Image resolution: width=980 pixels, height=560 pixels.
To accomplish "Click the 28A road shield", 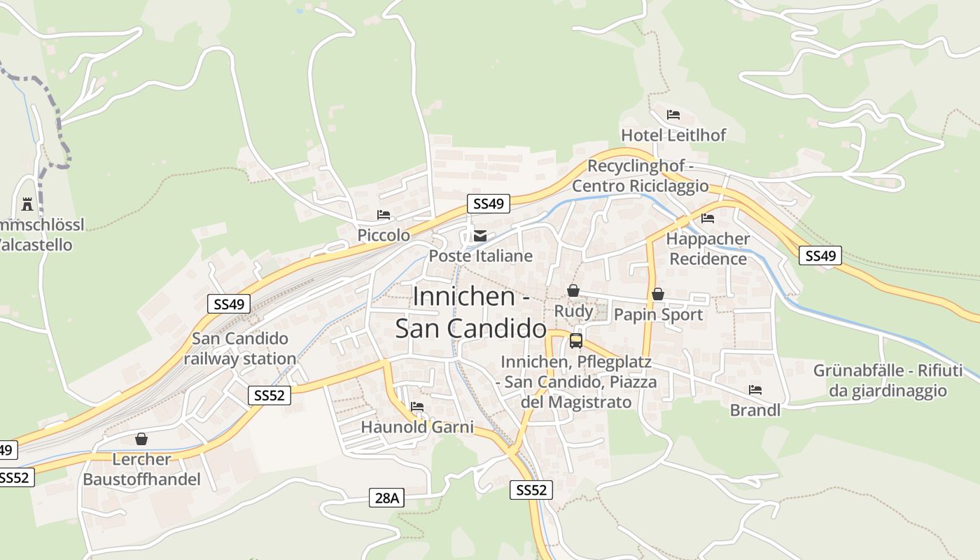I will click(x=386, y=498).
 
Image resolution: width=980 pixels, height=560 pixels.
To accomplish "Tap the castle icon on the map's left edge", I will click(x=27, y=204).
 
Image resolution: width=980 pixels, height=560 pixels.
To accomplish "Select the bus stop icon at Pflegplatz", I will click(x=576, y=341).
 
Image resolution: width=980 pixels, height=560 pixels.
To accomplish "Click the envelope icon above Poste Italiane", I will click(x=479, y=236).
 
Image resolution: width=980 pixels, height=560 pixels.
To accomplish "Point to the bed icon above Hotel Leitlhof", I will click(x=673, y=115).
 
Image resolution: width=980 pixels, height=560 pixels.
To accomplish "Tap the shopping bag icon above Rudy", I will click(x=573, y=290).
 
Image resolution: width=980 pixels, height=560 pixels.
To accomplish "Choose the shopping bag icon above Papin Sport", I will click(x=657, y=295).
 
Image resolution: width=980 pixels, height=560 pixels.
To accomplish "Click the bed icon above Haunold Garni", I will click(x=417, y=407).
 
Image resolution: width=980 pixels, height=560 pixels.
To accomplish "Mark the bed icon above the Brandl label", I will click(x=755, y=390).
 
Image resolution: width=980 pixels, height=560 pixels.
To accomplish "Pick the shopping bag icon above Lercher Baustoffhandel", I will click(x=141, y=439).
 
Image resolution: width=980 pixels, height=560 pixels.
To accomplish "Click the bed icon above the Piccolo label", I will click(x=384, y=215).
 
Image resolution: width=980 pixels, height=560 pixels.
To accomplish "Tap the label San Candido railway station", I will click(x=240, y=349).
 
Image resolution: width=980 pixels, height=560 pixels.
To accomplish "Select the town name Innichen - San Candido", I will click(x=471, y=312).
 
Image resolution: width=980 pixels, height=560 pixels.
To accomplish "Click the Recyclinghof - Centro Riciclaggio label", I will click(x=640, y=176).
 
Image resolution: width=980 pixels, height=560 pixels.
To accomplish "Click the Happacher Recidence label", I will click(x=708, y=248).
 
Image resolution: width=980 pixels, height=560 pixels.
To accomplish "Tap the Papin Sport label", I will click(x=658, y=314).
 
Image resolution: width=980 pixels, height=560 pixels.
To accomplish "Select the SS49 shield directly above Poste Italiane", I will click(x=489, y=204).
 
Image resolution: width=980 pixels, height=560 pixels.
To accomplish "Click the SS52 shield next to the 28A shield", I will click(x=530, y=490).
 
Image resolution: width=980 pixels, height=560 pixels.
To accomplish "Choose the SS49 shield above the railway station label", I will click(x=229, y=304).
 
